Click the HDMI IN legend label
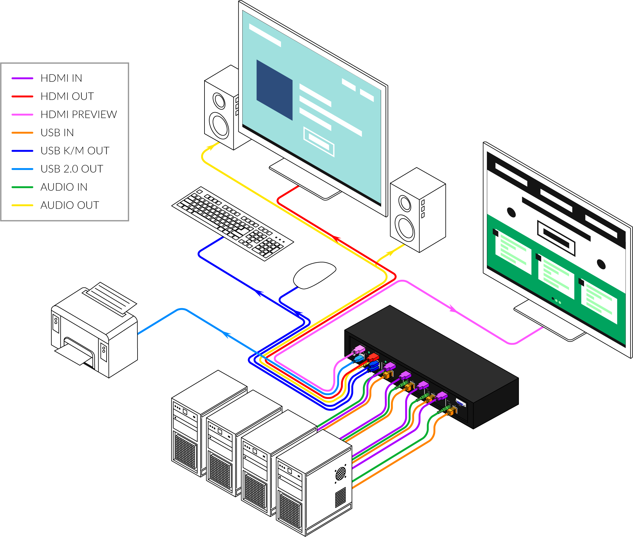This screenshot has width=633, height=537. click(x=61, y=78)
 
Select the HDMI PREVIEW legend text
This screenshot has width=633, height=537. click(x=79, y=114)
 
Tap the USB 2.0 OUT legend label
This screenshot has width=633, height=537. click(x=71, y=169)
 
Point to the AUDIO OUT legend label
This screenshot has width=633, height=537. click(x=69, y=205)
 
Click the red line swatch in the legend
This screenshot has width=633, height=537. click(x=22, y=96)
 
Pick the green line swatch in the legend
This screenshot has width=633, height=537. click(x=22, y=187)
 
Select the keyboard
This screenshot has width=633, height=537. click(x=233, y=223)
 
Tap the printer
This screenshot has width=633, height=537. click(x=94, y=332)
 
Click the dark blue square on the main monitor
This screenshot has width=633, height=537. click(x=274, y=89)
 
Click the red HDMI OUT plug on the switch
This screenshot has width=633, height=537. click(x=373, y=357)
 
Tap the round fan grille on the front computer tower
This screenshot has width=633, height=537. click(x=341, y=473)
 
